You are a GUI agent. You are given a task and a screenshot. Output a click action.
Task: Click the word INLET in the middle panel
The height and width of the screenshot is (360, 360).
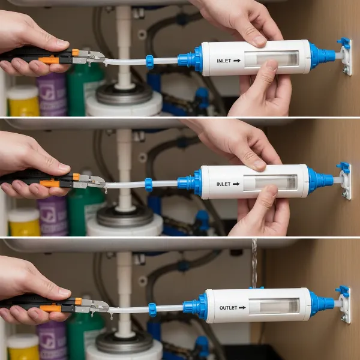(223, 184)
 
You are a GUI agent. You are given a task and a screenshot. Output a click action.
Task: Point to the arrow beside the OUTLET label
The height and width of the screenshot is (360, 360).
(242, 308)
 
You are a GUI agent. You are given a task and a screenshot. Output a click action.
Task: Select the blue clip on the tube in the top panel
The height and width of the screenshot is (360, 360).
(150, 61)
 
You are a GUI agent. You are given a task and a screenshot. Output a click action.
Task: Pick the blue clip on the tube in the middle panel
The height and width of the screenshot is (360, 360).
(148, 184)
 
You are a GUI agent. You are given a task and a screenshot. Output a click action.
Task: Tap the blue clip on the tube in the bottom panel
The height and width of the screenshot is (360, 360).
(152, 310)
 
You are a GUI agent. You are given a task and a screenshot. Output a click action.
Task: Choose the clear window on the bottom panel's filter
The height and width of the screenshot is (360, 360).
(274, 307)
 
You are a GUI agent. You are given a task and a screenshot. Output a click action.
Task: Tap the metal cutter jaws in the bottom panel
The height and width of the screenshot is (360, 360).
(96, 306)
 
